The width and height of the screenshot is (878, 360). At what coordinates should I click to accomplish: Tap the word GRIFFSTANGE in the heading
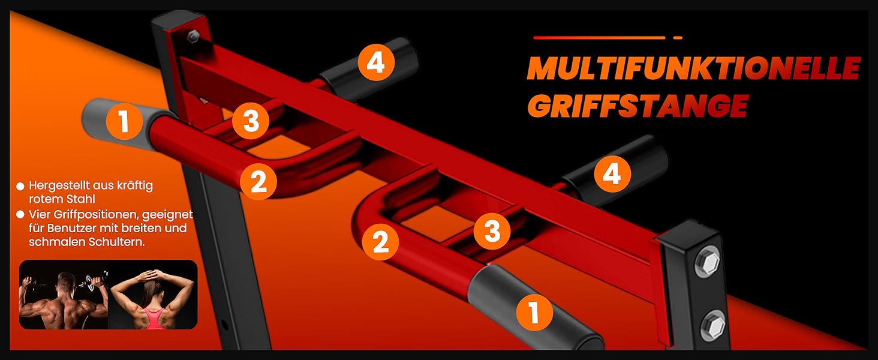point(638,106)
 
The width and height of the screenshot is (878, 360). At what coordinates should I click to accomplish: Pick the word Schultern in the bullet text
point(117,242)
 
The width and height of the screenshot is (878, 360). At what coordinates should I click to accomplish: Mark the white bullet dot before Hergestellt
point(20,186)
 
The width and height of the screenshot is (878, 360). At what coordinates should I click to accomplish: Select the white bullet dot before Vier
point(20,215)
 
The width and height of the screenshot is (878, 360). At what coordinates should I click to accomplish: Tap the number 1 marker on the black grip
point(534,314)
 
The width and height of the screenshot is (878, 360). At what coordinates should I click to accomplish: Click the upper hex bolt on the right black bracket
point(708,262)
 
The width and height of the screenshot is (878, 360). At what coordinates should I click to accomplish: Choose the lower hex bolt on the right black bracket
point(714,325)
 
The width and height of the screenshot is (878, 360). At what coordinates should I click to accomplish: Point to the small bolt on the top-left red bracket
point(193,36)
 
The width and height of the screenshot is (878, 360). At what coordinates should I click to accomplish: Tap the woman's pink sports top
point(154,318)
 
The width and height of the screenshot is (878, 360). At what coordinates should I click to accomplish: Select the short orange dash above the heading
point(678,38)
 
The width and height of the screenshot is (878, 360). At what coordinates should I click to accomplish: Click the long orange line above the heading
point(600,38)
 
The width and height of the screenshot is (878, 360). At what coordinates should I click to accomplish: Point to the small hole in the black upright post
point(224,325)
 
